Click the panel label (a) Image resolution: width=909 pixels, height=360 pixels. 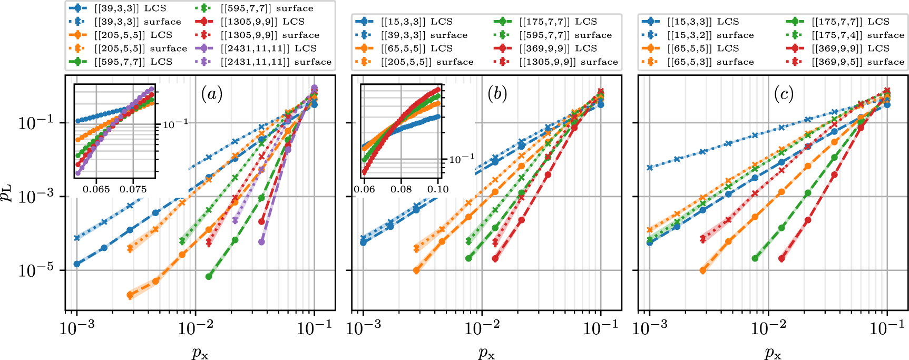click(211, 94)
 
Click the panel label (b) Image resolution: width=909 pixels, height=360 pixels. click(497, 94)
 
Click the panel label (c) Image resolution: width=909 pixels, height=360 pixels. click(784, 94)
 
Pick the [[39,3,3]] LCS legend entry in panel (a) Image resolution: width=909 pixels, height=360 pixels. click(130, 8)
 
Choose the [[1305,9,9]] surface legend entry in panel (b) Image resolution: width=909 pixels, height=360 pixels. click(568, 62)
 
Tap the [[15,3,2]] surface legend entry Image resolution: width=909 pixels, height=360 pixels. click(710, 35)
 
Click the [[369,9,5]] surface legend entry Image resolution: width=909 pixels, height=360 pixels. click(857, 62)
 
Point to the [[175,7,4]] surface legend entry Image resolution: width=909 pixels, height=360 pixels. click(857, 35)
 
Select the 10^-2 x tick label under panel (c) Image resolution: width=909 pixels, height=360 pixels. click(768, 328)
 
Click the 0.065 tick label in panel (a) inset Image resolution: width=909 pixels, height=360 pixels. click(96, 189)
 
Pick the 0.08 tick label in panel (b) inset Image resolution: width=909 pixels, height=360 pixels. click(401, 189)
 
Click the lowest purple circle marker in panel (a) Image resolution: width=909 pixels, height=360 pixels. click(261, 242)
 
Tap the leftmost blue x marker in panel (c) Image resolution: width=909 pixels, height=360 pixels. click(650, 168)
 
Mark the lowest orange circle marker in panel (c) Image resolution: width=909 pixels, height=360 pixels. click(702, 270)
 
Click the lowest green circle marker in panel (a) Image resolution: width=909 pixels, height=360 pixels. click(209, 276)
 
